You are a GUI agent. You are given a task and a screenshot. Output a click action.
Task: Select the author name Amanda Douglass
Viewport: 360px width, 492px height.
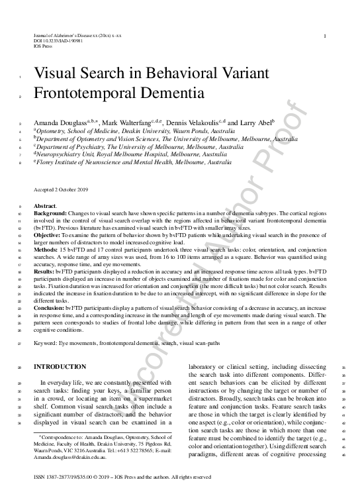pyautogui.click(x=60, y=123)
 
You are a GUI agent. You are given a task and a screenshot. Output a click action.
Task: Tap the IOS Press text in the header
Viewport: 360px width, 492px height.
pyautogui.click(x=44, y=44)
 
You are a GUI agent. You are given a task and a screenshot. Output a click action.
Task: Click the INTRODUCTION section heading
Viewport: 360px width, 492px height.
pyautogui.click(x=60, y=366)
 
